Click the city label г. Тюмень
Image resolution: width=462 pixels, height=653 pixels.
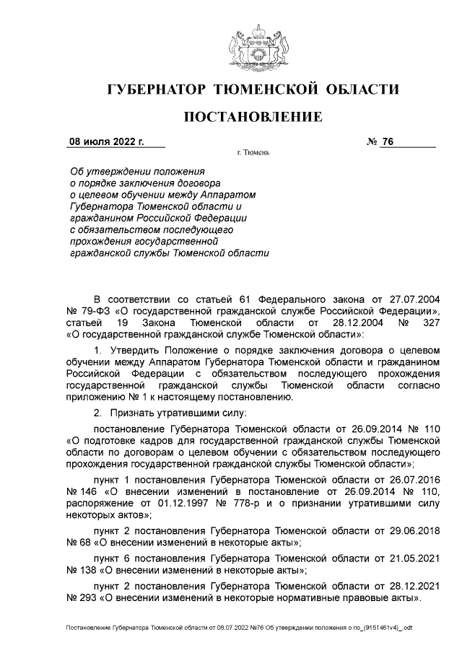click(253, 154)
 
